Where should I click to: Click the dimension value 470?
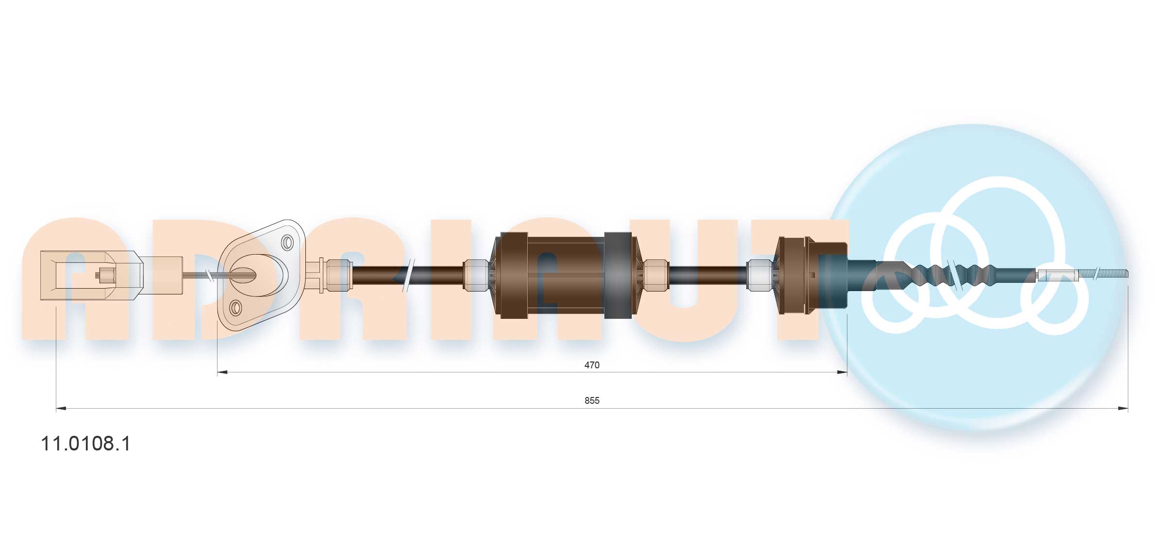(x=591, y=365)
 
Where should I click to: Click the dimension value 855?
(x=591, y=400)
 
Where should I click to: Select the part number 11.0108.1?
(x=85, y=444)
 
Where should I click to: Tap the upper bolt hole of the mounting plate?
(x=287, y=242)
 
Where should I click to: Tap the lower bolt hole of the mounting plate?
(x=235, y=308)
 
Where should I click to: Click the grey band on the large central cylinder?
(x=618, y=275)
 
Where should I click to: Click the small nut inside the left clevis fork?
(x=105, y=275)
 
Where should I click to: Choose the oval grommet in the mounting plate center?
(x=243, y=275)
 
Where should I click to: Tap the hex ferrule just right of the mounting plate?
(x=338, y=275)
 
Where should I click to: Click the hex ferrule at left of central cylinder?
(x=476, y=275)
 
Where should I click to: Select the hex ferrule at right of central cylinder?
(x=655, y=275)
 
